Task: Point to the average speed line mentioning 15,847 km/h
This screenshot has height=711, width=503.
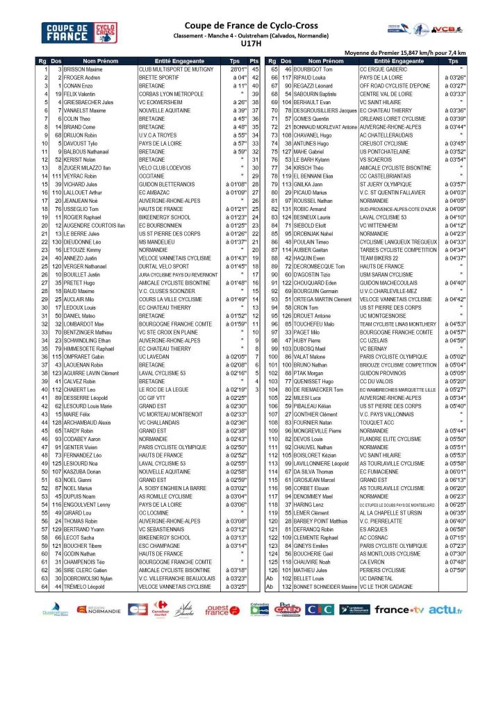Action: (x=405, y=53)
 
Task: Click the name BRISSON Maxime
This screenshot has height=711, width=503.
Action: (x=84, y=69)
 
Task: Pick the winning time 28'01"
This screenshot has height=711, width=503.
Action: (x=239, y=69)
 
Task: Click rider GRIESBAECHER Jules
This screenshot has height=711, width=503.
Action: (x=89, y=103)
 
